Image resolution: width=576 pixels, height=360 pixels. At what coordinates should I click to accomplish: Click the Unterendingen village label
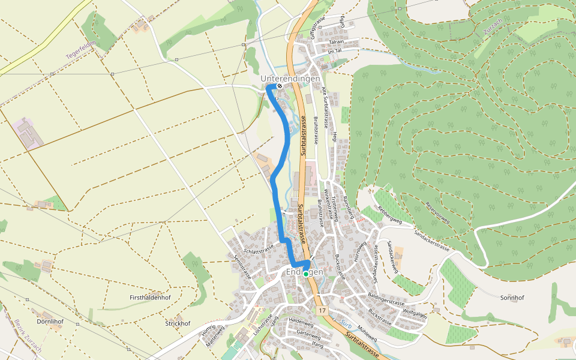pos(290,79)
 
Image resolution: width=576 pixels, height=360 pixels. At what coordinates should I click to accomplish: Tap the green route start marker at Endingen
pos(306,274)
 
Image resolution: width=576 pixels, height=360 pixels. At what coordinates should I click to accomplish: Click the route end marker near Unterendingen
pos(280,86)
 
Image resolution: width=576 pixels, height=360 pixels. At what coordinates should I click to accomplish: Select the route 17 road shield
pos(322,311)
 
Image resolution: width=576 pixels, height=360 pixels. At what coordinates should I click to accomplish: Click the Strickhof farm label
pos(178,323)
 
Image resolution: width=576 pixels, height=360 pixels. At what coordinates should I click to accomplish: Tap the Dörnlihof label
pos(50,321)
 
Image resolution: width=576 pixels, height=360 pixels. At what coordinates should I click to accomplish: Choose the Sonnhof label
pos(512,298)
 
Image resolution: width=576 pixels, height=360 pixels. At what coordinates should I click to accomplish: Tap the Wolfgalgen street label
pos(415,313)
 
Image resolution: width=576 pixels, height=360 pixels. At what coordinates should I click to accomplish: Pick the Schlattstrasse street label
pos(259,249)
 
